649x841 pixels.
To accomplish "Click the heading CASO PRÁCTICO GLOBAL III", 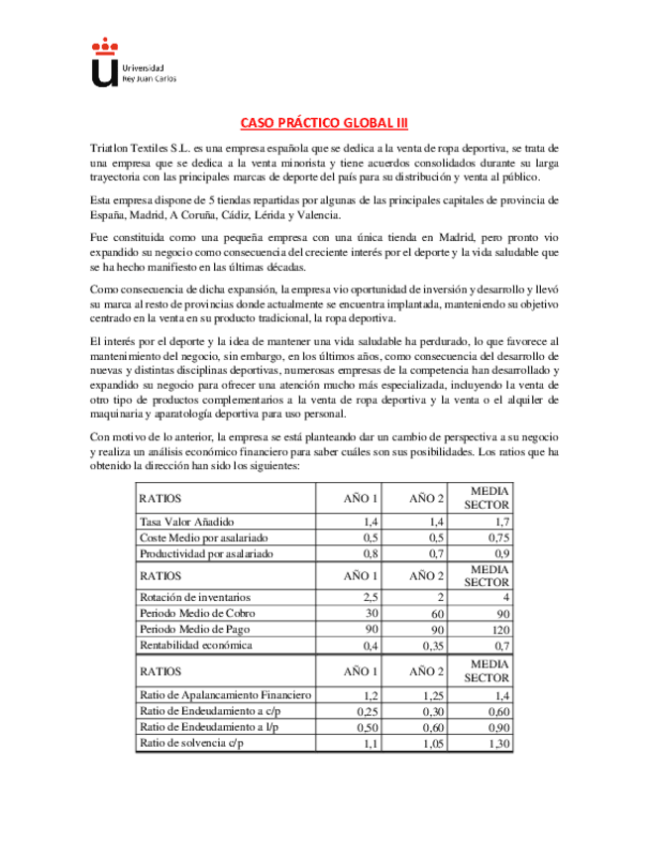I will [x=324, y=124].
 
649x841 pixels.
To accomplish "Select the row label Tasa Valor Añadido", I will [x=186, y=521].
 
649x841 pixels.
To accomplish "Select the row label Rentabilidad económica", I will [x=196, y=645].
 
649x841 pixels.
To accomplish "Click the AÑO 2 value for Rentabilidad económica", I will [x=433, y=645].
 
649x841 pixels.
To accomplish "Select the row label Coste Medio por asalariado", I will [x=203, y=537].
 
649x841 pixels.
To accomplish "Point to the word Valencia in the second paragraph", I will [x=322, y=214].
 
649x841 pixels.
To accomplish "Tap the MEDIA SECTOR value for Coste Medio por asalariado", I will [x=500, y=537].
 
